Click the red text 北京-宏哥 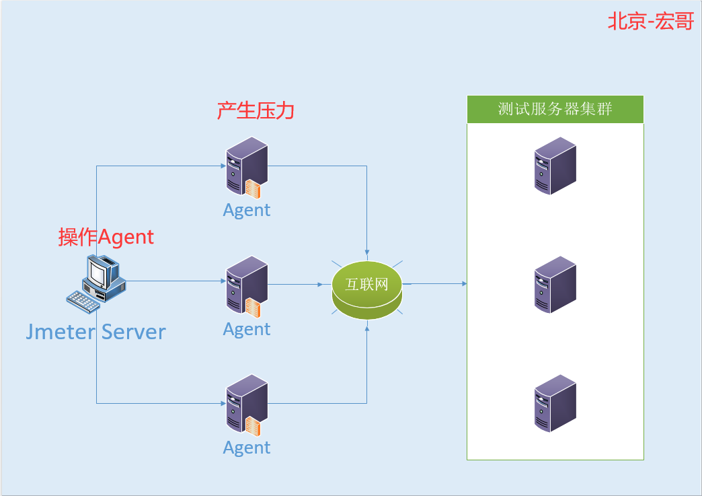pos(650,21)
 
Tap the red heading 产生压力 pos(256,110)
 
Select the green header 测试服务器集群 pos(555,109)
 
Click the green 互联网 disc pos(367,289)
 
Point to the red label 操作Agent pos(106,237)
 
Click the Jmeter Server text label pos(95,332)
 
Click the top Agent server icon pos(247,168)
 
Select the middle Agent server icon pos(247,287)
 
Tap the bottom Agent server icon pos(247,405)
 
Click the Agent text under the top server pos(247,210)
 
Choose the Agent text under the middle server pos(247,329)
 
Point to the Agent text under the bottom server pos(247,448)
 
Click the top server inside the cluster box pos(555,166)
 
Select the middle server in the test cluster pos(555,285)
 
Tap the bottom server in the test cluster pos(555,403)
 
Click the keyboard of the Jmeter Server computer pos(83,302)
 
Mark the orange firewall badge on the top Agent pos(253,188)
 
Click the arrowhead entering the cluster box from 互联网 pos(464,283)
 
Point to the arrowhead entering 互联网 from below pos(367,328)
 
